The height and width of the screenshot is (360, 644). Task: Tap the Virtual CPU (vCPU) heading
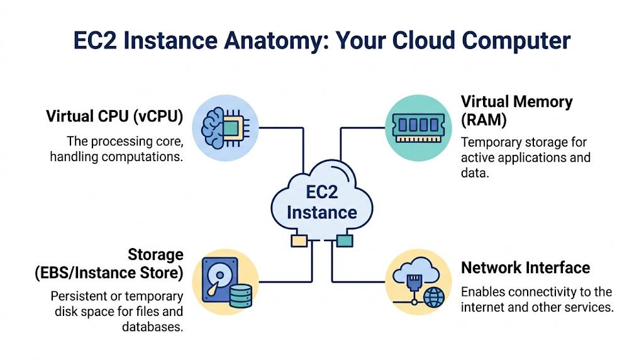coord(114,116)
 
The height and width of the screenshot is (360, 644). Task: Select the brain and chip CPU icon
coord(221,126)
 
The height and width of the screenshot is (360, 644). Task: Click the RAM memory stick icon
coord(416,123)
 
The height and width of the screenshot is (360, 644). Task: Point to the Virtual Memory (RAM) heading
coord(516,110)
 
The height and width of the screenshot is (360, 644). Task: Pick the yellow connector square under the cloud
coord(298,240)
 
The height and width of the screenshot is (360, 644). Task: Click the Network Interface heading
coord(525,267)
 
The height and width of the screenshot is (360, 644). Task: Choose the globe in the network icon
coord(433,298)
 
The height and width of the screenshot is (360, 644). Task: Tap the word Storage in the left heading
coord(155,255)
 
